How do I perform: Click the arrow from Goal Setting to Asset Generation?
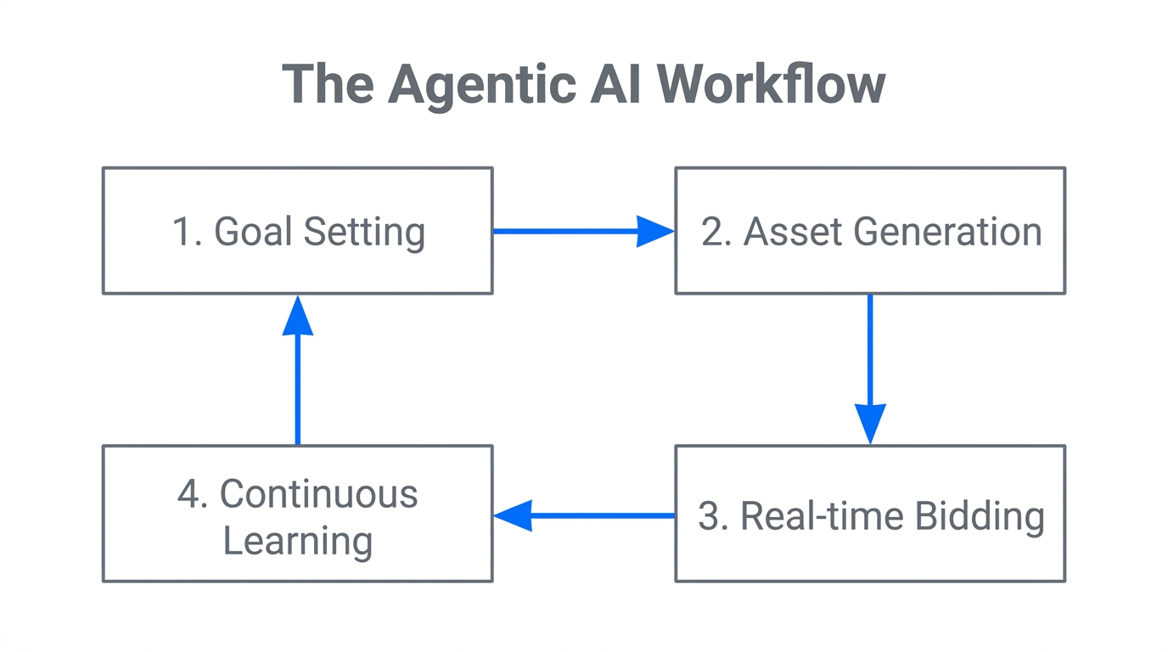(583, 231)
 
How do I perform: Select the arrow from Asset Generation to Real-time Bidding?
(870, 368)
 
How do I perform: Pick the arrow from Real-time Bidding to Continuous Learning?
(583, 515)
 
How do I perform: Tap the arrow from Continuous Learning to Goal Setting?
(298, 369)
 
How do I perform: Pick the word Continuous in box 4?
(318, 494)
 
